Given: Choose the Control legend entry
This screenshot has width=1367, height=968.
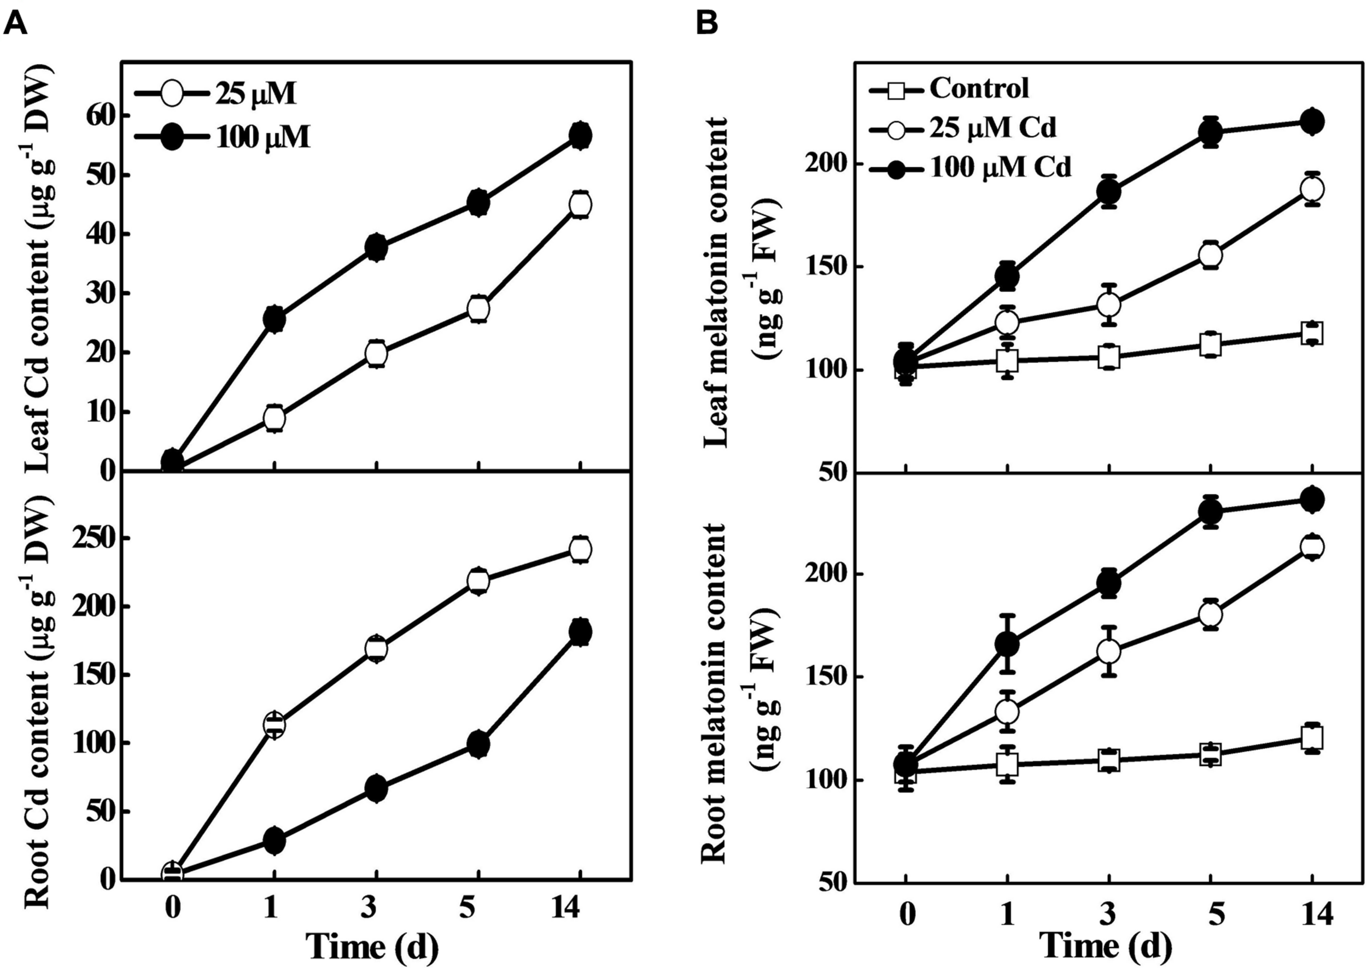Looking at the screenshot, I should (x=978, y=88).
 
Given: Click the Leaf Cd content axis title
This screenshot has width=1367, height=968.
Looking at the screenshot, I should (x=39, y=271).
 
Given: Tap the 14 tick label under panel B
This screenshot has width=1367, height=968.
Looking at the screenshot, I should (x=1313, y=914).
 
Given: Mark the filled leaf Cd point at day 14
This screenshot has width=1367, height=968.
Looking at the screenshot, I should (x=580, y=136).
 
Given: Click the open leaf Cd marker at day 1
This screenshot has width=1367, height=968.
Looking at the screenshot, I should (x=274, y=419).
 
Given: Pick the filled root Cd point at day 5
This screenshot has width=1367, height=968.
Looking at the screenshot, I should (x=478, y=744).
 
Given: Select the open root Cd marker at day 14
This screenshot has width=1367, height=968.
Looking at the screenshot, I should (x=580, y=549).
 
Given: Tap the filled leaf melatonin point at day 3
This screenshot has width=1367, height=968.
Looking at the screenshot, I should (x=1109, y=192).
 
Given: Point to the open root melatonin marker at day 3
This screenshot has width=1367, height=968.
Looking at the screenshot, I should (x=1109, y=651).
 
